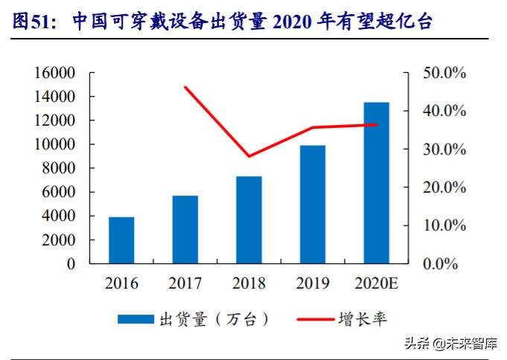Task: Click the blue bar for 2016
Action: [x=121, y=240]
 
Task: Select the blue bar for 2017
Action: [x=185, y=229]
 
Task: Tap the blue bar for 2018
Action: [x=249, y=219]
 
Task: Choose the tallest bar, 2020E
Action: [x=376, y=182]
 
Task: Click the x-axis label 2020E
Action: [x=376, y=283]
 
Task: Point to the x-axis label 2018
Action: [x=249, y=283]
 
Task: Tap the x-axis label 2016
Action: [x=121, y=283]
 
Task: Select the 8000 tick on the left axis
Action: [x=59, y=168]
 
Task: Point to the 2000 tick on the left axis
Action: [x=59, y=240]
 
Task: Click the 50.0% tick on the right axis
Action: [x=444, y=73]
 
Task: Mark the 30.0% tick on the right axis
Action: [x=444, y=150]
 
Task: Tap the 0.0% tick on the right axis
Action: [x=447, y=263]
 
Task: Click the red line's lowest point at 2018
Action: [x=249, y=156]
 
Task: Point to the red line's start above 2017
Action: [x=185, y=87]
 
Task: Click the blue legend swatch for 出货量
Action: [x=135, y=319]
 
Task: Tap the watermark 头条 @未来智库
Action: [x=450, y=344]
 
